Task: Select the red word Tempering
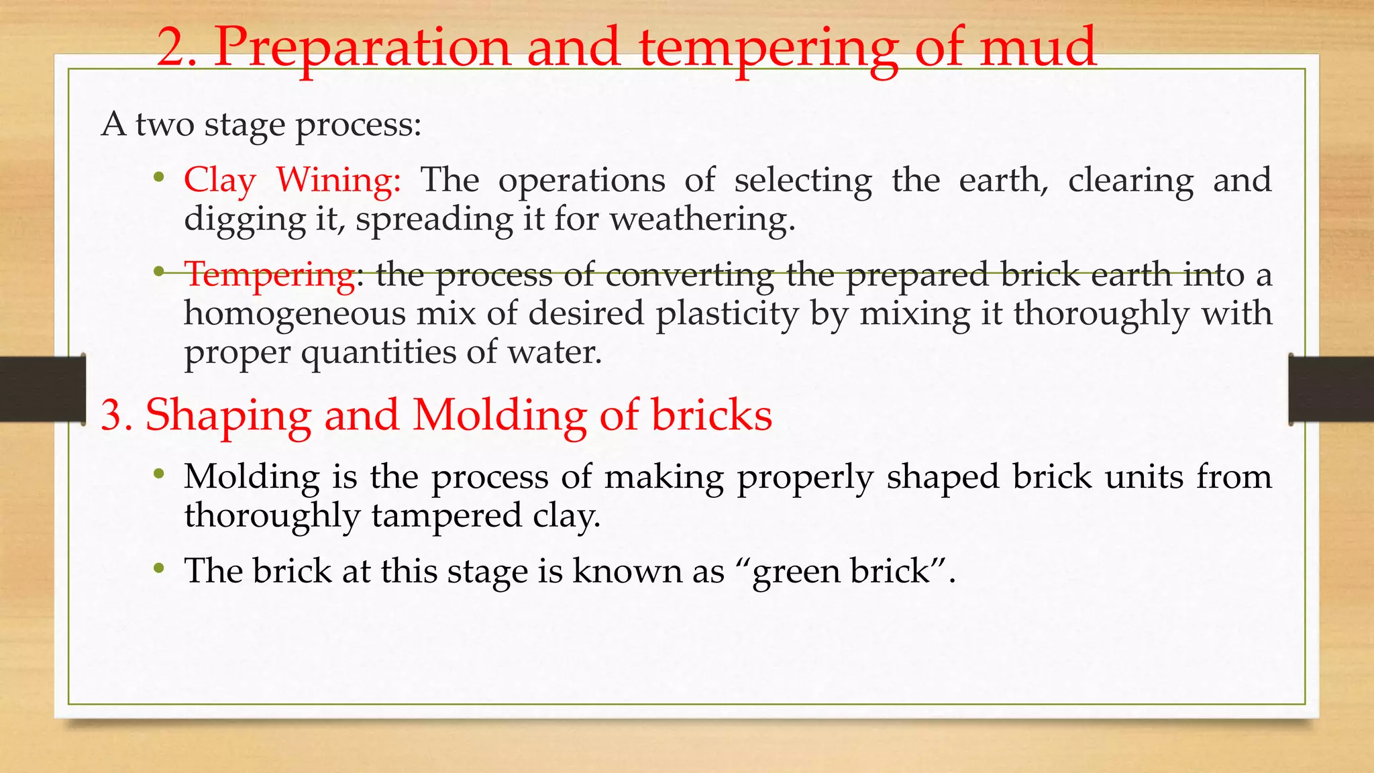pyautogui.click(x=270, y=275)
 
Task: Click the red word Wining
pyautogui.click(x=338, y=181)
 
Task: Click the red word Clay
pyautogui.click(x=220, y=181)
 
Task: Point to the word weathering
pyautogui.click(x=702, y=219)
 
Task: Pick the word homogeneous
pyautogui.click(x=295, y=313)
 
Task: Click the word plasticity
pyautogui.click(x=727, y=313)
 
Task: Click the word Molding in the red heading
pyautogui.click(x=499, y=415)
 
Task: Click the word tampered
pyautogui.click(x=446, y=515)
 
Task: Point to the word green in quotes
pyautogui.click(x=795, y=572)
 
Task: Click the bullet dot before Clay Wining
pyautogui.click(x=158, y=178)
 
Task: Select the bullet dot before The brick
pyautogui.click(x=158, y=569)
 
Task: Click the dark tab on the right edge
pyautogui.click(x=1331, y=389)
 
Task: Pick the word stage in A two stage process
pyautogui.click(x=244, y=125)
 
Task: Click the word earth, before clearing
pyautogui.click(x=1004, y=181)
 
